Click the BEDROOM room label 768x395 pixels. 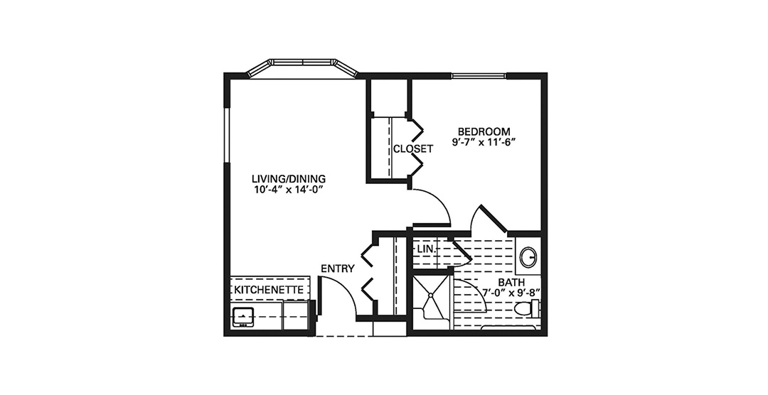pyautogui.click(x=484, y=131)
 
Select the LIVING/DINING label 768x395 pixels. pyautogui.click(x=289, y=178)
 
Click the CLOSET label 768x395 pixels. pyautogui.click(x=413, y=148)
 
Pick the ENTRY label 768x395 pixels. pyautogui.click(x=338, y=269)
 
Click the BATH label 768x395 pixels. pyautogui.click(x=512, y=283)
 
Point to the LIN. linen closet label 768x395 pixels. pyautogui.click(x=426, y=249)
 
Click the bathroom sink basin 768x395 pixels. pyautogui.click(x=528, y=257)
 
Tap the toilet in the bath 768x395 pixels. pyautogui.click(x=526, y=309)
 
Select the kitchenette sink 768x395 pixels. pyautogui.click(x=243, y=317)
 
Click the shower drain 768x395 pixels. pyautogui.click(x=430, y=295)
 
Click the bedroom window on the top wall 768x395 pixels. pyautogui.click(x=479, y=75)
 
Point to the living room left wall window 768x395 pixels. pyautogui.click(x=227, y=134)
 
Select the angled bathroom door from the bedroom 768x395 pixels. pyautogui.click(x=494, y=218)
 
